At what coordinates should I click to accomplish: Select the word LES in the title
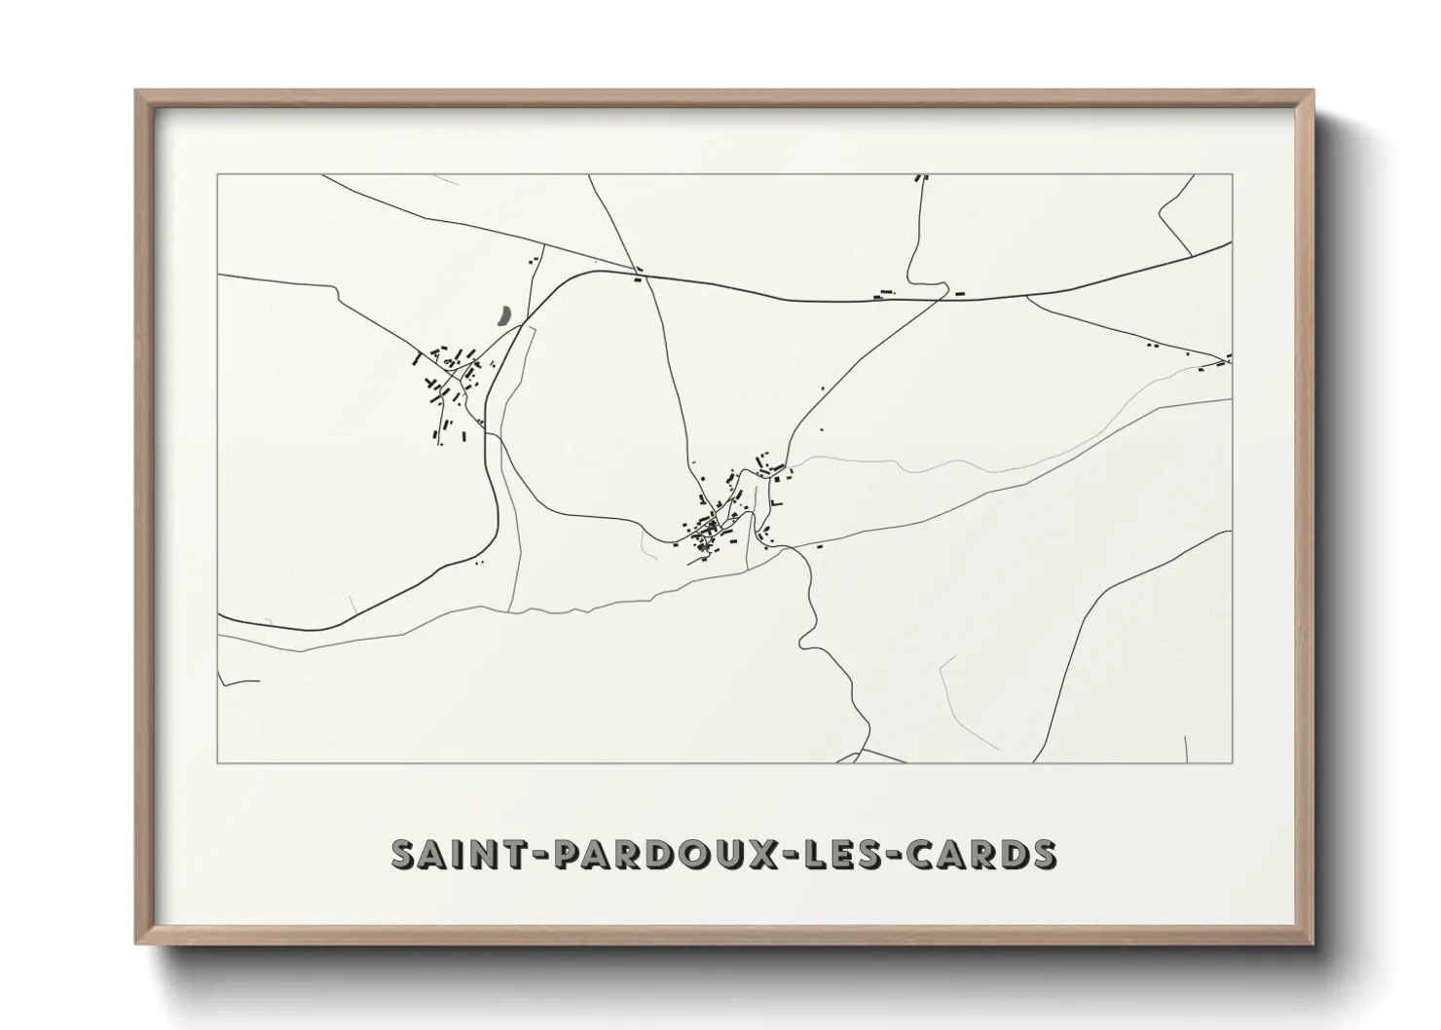pyautogui.click(x=846, y=854)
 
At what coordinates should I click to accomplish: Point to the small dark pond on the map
pyautogui.click(x=502, y=315)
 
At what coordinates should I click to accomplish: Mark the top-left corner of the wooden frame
pyautogui.click(x=136, y=91)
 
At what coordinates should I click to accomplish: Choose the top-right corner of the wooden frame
pyautogui.click(x=1312, y=91)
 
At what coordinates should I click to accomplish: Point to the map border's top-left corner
pyautogui.click(x=217, y=174)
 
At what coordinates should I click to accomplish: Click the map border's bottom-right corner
pyautogui.click(x=1233, y=762)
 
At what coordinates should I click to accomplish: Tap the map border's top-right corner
pyautogui.click(x=1233, y=174)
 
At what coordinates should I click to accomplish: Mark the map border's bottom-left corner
pyautogui.click(x=217, y=762)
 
